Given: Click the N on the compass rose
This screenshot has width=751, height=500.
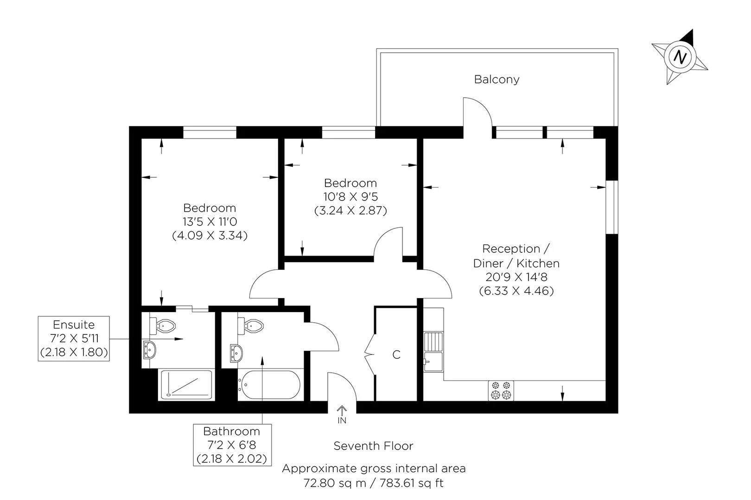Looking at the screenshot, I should point(680,57).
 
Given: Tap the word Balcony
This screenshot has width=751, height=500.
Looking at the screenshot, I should point(496,79).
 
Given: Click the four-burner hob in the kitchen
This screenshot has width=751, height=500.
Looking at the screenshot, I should point(502,390).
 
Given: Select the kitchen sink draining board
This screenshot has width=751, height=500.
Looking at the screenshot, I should point(433,342).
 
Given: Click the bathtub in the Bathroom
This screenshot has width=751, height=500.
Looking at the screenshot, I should point(269,385).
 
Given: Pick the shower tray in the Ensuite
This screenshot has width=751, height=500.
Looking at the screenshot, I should point(186,385).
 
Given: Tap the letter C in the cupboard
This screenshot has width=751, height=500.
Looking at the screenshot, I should point(396,355).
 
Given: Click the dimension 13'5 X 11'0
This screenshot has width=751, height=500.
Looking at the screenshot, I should point(210,222).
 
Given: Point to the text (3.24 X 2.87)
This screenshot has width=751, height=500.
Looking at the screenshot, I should point(350,211).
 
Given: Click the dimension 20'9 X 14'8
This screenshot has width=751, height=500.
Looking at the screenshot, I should point(516,277).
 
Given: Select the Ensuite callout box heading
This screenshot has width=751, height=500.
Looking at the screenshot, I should point(73,325).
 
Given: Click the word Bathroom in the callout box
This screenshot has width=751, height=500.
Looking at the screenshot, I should point(231,431).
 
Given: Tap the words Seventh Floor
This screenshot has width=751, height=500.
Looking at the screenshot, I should point(373,446).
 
